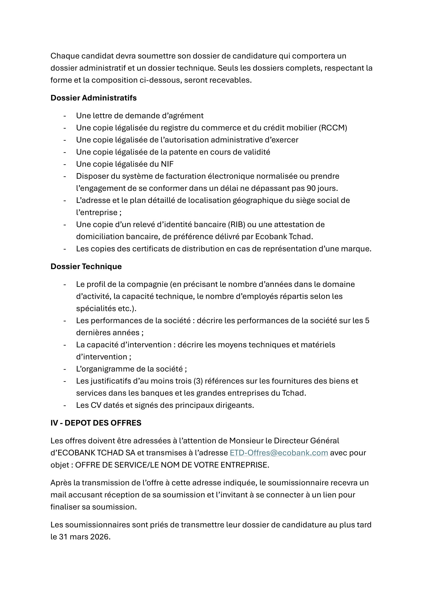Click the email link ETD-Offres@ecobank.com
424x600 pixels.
(x=279, y=453)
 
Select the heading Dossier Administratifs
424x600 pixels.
(x=94, y=98)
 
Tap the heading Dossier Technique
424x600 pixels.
(x=86, y=267)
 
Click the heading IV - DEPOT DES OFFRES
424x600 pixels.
(x=96, y=423)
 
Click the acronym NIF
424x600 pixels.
(x=167, y=164)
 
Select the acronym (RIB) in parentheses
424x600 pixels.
(x=237, y=224)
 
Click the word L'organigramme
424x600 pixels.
(x=104, y=369)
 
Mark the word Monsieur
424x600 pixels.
(x=246, y=441)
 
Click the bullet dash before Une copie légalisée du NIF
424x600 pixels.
(x=65, y=164)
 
